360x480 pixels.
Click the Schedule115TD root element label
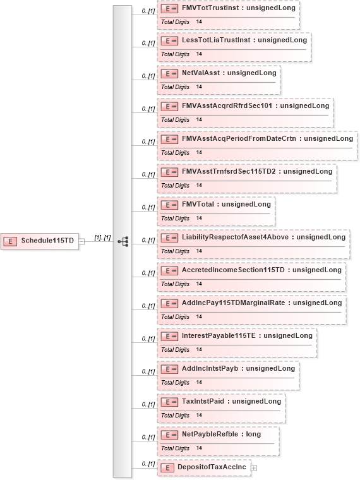pos(47,241)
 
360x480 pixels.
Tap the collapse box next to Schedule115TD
pos(81,241)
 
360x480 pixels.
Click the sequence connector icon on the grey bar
pos(123,241)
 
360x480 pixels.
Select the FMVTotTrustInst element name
pos(210,8)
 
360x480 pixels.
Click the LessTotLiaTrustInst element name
pos(216,40)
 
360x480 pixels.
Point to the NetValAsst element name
pos(201,73)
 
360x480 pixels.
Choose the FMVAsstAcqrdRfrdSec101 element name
pos(227,106)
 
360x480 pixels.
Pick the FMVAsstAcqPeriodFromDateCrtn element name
pos(239,139)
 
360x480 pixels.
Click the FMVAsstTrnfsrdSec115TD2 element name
pos(229,171)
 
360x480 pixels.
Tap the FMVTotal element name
pos(198,204)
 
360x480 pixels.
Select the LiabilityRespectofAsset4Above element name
pos(235,237)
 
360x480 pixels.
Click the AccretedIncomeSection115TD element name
pos(233,270)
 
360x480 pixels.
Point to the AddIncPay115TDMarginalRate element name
pos(233,303)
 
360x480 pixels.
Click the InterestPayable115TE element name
pos(219,335)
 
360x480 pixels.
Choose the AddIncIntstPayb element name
pos(210,369)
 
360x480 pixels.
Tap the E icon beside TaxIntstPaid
pos(169,402)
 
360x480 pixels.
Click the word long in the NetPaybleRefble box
pos(253,434)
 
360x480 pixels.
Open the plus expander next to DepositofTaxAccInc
pos(254,468)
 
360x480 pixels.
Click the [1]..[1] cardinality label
pos(102,237)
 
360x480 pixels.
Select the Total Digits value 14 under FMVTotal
pos(199,219)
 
